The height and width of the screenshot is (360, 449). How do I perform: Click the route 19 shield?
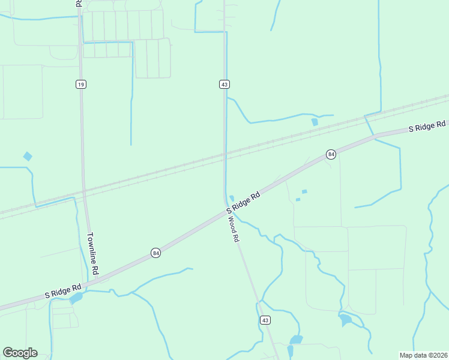[80, 84]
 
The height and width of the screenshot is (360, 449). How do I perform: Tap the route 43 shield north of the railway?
[224, 84]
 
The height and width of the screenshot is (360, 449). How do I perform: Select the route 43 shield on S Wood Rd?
[265, 320]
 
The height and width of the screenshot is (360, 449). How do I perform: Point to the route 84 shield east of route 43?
[331, 154]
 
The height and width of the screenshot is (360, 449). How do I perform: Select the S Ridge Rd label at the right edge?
[427, 125]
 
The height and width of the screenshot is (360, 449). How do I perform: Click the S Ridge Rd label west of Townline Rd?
[63, 292]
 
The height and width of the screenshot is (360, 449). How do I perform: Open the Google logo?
[20, 353]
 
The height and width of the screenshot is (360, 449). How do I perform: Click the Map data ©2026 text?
[423, 355]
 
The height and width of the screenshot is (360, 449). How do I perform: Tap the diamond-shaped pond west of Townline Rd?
[28, 156]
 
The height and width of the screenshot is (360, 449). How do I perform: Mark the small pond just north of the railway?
[315, 122]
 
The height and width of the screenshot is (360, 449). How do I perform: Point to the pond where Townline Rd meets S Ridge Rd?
[76, 298]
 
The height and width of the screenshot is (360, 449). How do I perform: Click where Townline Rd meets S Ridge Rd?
[95, 281]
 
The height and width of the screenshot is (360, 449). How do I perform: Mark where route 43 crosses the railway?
[225, 157]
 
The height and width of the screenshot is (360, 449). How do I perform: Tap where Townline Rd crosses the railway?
[84, 191]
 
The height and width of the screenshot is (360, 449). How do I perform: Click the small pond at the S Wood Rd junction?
[232, 199]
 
